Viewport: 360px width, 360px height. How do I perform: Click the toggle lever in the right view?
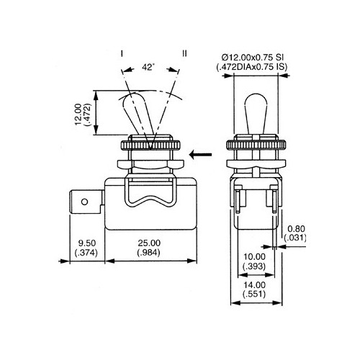click(x=255, y=112)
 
